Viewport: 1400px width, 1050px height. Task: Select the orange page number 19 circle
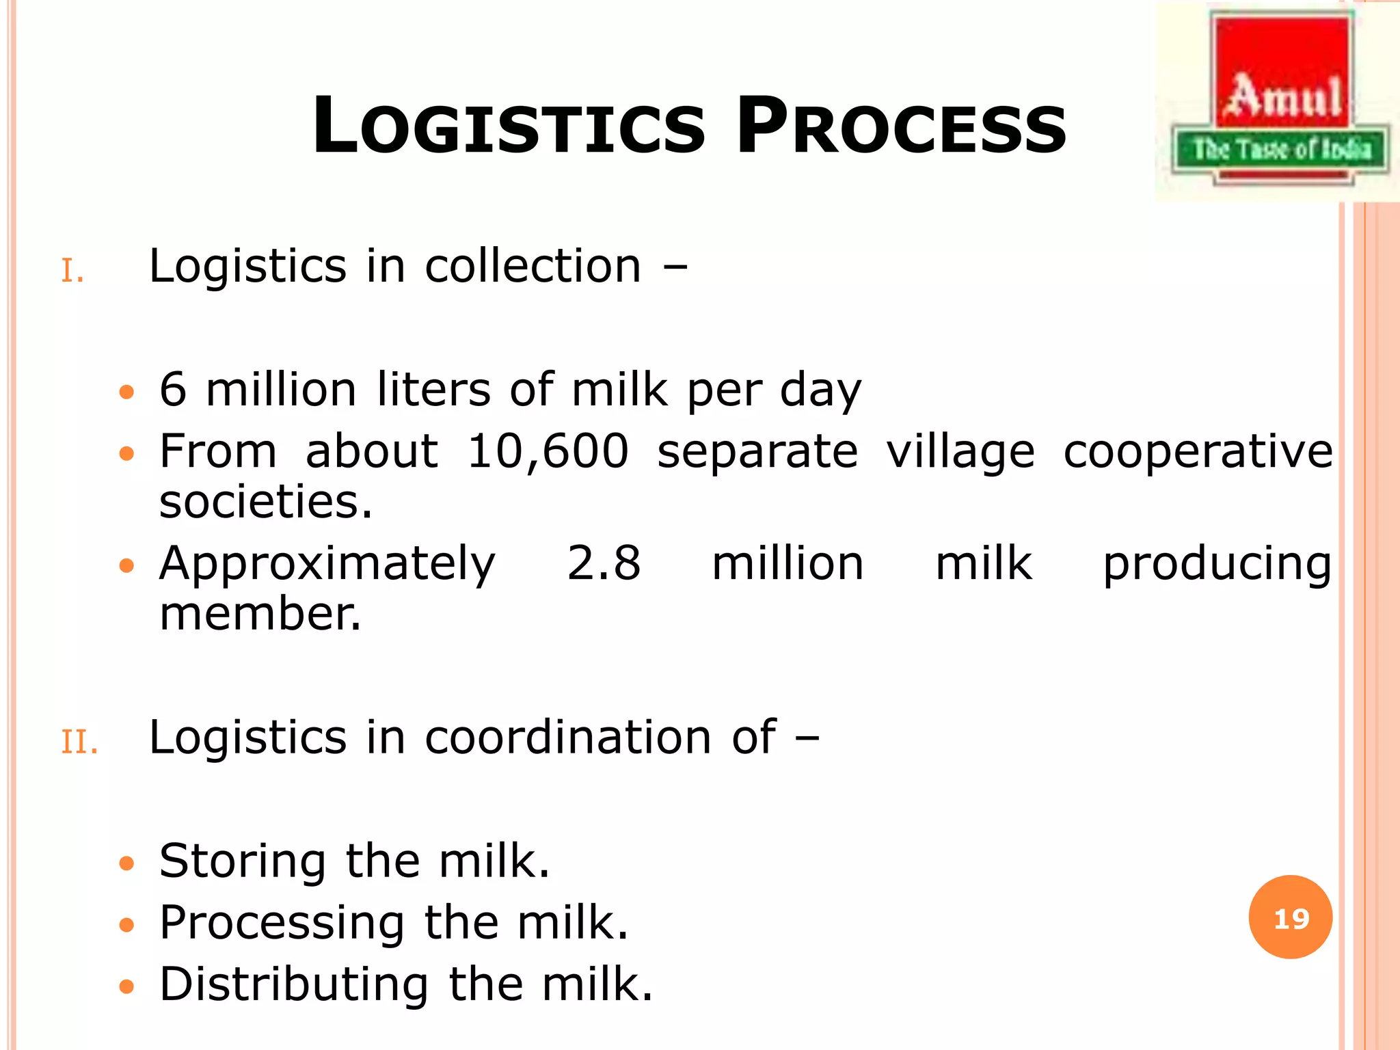click(1291, 917)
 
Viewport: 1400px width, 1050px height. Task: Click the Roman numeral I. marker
click(72, 271)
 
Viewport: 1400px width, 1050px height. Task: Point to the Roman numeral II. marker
click(79, 742)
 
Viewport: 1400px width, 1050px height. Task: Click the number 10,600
click(548, 452)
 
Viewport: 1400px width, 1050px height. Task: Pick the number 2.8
click(604, 564)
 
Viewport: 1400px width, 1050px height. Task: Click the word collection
click(533, 266)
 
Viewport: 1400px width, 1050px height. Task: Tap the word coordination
click(569, 738)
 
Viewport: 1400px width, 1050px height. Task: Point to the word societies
click(266, 502)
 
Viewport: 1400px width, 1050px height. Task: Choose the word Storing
click(243, 863)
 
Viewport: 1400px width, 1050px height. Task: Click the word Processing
click(282, 924)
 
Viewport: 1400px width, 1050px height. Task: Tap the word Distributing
click(294, 985)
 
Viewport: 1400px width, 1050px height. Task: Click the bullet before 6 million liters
click(126, 392)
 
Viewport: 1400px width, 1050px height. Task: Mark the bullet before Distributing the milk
click(126, 987)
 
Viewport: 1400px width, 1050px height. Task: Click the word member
click(260, 614)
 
